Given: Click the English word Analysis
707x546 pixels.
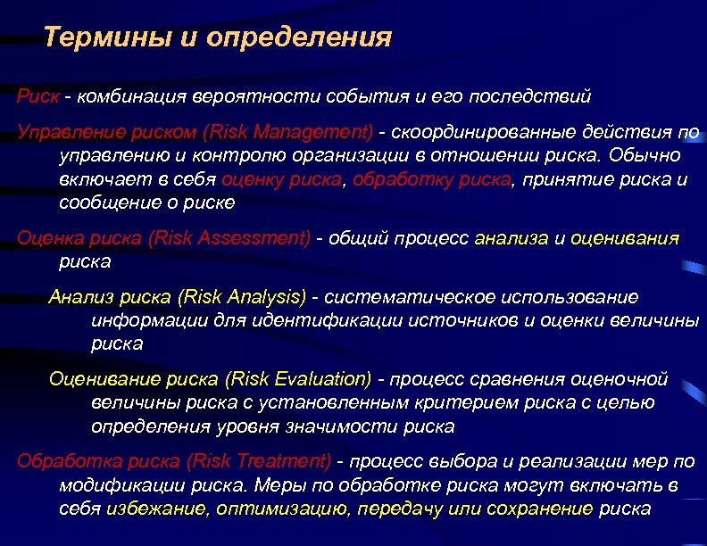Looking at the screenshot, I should point(265,296).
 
